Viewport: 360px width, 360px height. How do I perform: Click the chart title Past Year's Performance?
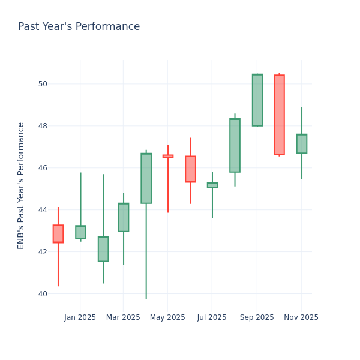tap(79, 27)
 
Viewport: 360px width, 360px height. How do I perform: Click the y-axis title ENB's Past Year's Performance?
tap(22, 185)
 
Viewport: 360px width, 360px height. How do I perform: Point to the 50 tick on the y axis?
tap(42, 83)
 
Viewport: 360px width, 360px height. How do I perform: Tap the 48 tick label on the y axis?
tap(42, 126)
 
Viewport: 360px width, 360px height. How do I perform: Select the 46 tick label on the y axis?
tap(42, 168)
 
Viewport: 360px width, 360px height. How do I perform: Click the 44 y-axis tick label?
tap(42, 210)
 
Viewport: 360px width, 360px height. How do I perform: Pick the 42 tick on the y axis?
tap(42, 252)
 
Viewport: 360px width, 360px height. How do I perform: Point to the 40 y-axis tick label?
tap(42, 294)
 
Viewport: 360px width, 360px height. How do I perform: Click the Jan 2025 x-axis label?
tap(80, 317)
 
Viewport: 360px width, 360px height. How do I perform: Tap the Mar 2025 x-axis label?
tap(123, 317)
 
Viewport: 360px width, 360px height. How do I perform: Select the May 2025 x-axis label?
tap(167, 317)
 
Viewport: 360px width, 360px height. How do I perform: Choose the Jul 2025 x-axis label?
tap(211, 317)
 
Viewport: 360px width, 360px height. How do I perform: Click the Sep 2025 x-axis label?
tap(257, 317)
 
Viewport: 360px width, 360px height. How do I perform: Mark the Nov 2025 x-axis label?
tap(301, 317)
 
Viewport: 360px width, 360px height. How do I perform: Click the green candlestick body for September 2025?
tap(257, 100)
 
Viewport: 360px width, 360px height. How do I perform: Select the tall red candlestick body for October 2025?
tap(279, 115)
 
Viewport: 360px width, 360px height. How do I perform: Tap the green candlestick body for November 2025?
tap(301, 143)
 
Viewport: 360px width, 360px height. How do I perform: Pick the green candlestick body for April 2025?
tap(146, 178)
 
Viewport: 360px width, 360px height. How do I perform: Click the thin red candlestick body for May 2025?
tap(168, 156)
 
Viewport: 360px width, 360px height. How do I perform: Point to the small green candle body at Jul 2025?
tap(212, 185)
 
